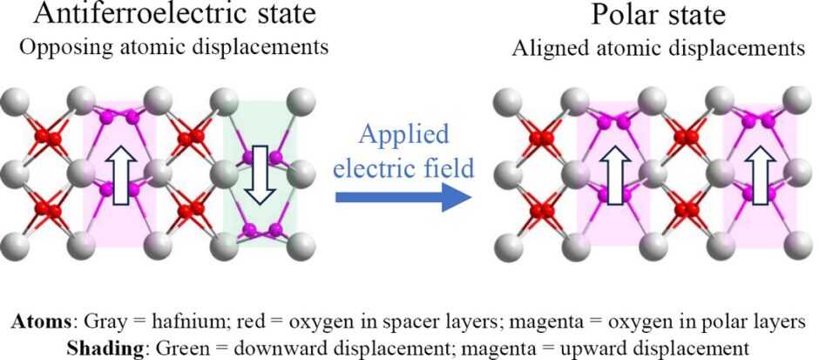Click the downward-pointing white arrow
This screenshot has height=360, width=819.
pyautogui.click(x=260, y=174)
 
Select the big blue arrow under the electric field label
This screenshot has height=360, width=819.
pyautogui.click(x=403, y=197)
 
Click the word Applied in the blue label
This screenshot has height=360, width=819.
pyautogui.click(x=403, y=136)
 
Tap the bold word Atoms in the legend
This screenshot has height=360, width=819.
pyautogui.click(x=41, y=322)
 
